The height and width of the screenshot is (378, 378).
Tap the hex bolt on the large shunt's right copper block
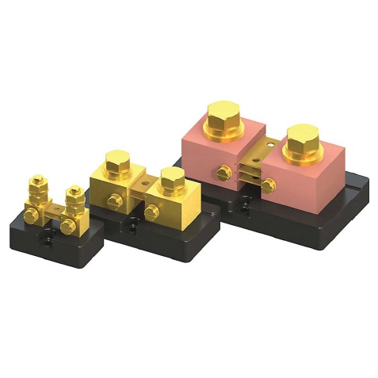click(304, 142)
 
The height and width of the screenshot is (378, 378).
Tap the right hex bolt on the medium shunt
click(169, 180)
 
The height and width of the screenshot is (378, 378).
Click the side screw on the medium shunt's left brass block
click(113, 200)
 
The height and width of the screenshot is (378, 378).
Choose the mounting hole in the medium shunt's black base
click(127, 227)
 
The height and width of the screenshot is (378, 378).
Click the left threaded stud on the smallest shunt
click(36, 191)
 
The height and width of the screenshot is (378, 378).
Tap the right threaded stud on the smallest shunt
click(74, 199)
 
